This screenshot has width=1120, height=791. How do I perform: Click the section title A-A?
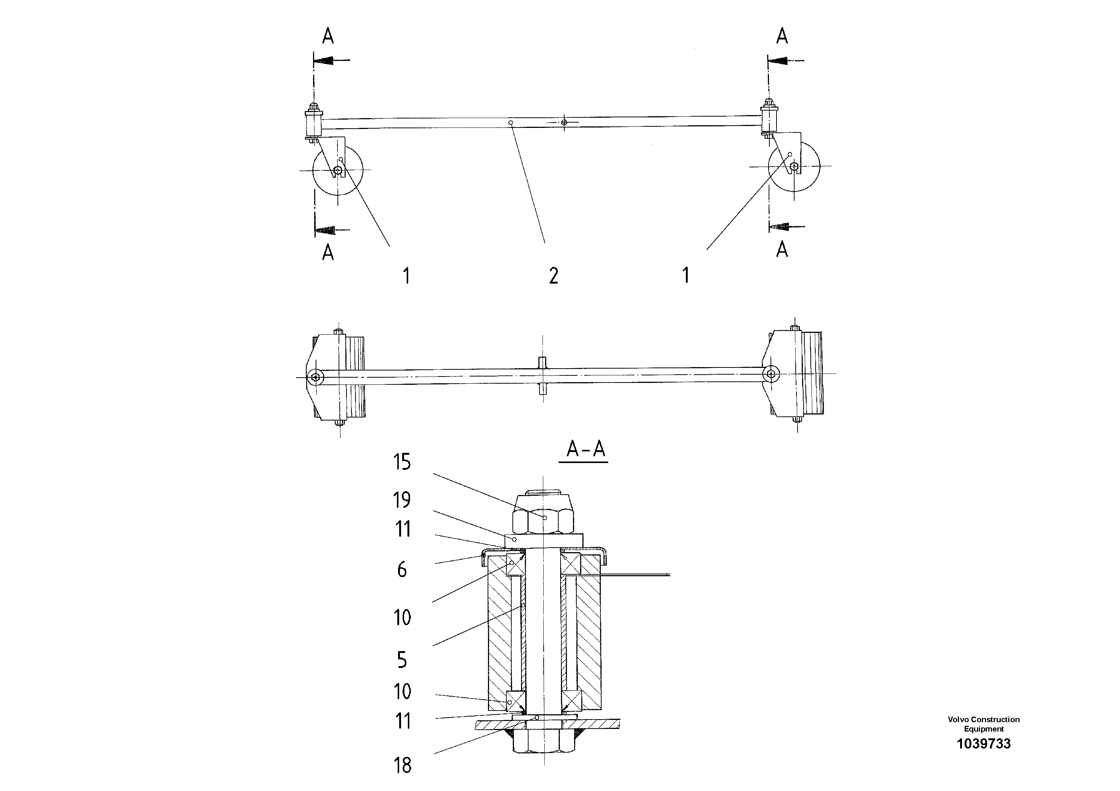click(x=585, y=449)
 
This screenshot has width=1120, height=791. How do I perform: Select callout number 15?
click(x=402, y=462)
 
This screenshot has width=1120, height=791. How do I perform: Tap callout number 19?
click(x=402, y=500)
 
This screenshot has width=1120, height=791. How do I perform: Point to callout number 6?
click(x=401, y=569)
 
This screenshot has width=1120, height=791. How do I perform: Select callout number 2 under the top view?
click(x=553, y=276)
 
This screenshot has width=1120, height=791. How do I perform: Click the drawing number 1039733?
click(x=983, y=744)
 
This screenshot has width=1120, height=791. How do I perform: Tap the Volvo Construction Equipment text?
click(x=983, y=724)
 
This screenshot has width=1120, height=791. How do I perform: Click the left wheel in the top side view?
click(x=337, y=170)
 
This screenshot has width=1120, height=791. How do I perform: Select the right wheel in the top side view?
click(x=794, y=166)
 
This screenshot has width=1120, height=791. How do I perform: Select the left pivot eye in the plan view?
click(x=316, y=377)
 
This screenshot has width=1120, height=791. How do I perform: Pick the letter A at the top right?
click(x=782, y=36)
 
